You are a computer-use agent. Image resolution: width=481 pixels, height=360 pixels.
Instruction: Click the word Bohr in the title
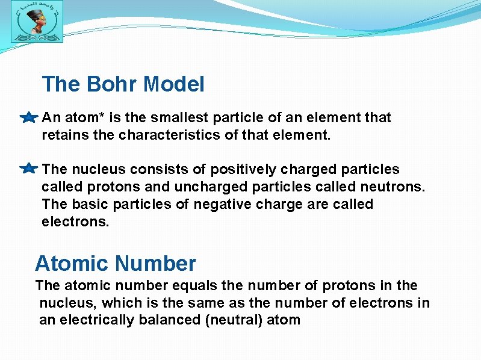pos(113,84)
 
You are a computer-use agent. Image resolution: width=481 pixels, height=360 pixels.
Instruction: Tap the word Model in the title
pos(175,84)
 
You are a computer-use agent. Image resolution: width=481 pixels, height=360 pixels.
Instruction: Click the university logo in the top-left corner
pos(36,25)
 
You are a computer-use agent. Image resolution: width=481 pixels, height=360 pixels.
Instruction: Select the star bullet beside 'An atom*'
pos(28,118)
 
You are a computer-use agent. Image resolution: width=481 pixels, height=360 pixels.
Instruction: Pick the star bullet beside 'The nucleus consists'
pos(28,169)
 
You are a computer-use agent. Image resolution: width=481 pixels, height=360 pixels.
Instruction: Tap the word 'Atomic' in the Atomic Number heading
pos(71,264)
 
